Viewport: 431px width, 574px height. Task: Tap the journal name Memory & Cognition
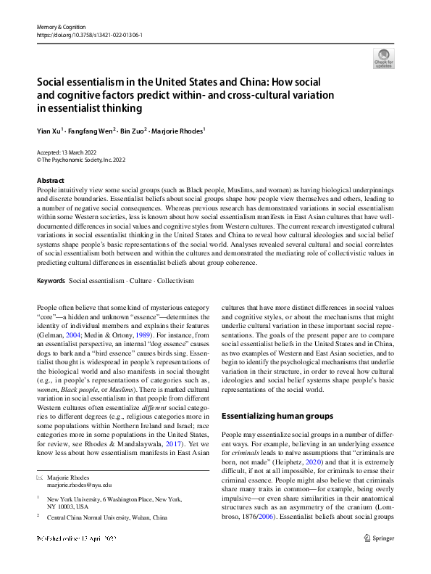[x=61, y=26]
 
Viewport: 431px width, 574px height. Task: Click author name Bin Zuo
[x=131, y=131]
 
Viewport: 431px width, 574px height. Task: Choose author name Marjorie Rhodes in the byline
[x=178, y=131]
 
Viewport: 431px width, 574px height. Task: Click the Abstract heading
[x=50, y=181]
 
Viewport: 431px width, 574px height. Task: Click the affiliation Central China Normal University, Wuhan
[x=107, y=517]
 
